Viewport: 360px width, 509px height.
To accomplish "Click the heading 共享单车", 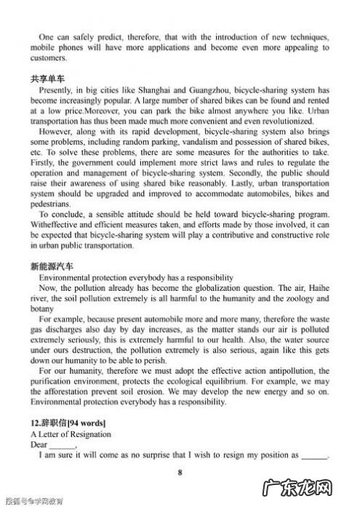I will coord(47,76).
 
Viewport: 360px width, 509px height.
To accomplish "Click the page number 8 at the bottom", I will coord(180,471).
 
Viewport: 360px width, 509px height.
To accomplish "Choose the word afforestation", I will coord(67,392).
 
